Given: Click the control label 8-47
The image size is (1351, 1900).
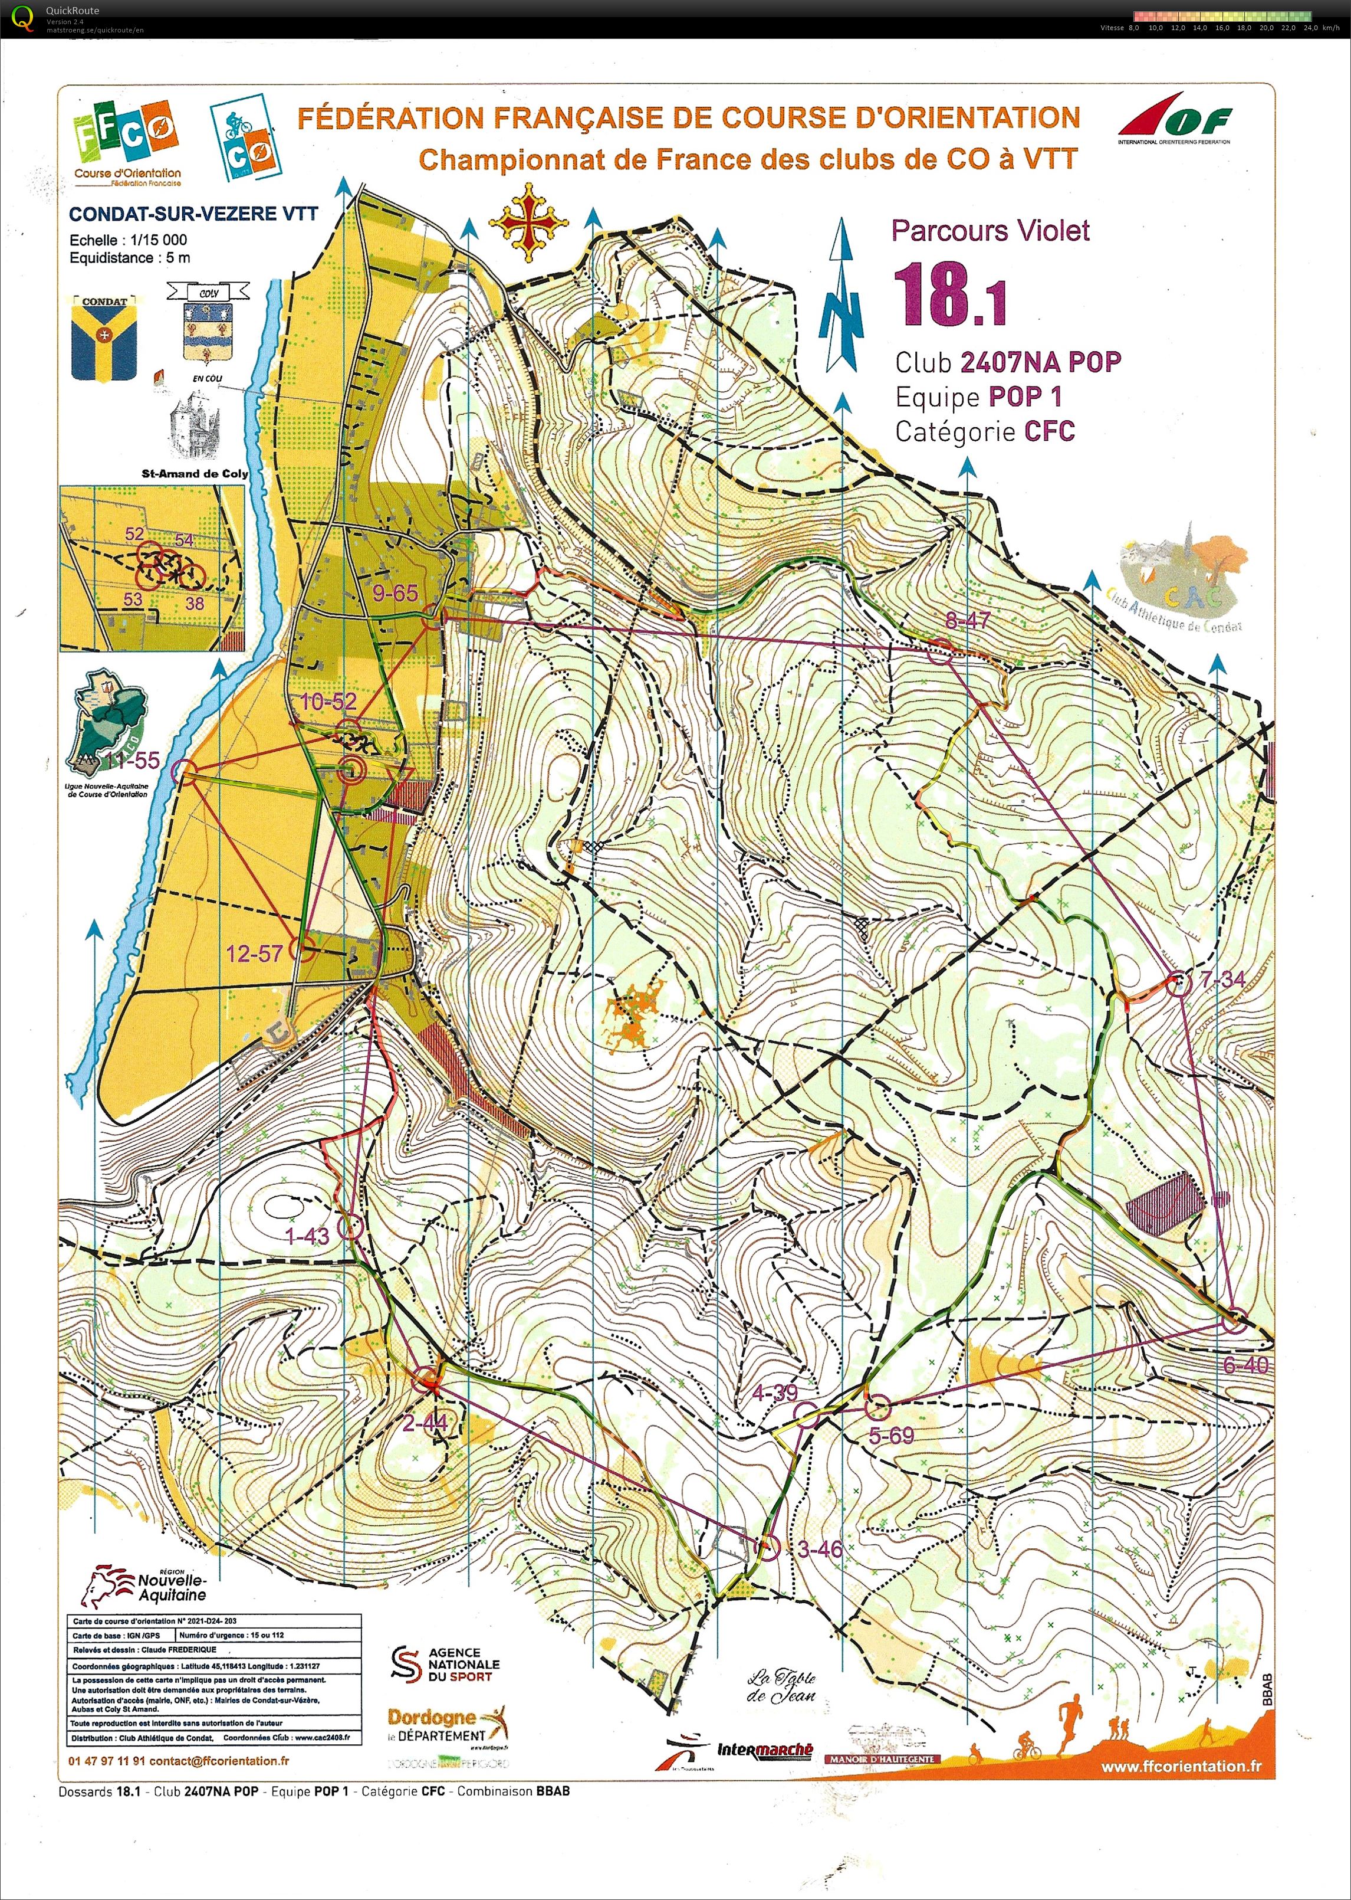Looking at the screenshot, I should coord(968,619).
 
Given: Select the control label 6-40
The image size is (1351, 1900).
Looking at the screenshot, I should coord(1245,1365).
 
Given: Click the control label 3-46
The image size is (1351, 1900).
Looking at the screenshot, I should coord(820,1549).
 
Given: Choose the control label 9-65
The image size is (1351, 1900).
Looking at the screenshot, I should coord(395,594).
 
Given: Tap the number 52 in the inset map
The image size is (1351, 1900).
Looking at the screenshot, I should coord(134,534).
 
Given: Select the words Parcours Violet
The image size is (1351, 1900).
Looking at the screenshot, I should coord(990,231).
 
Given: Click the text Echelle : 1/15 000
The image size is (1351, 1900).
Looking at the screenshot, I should coord(128,240).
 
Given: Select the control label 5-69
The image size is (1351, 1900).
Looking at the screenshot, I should coord(891,1435).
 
